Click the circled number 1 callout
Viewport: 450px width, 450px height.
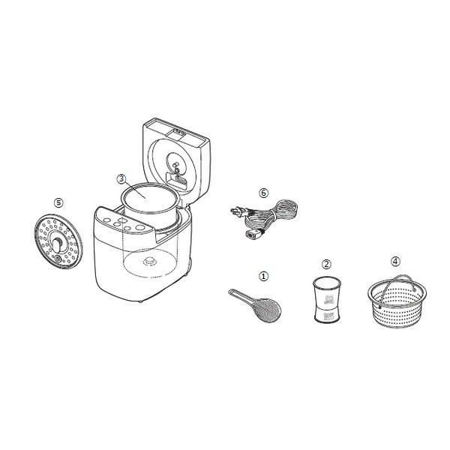click(263, 275)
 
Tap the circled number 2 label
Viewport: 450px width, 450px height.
click(326, 264)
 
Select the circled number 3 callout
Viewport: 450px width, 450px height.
click(121, 178)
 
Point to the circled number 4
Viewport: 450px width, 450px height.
click(395, 262)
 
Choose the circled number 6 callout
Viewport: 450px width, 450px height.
click(263, 192)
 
